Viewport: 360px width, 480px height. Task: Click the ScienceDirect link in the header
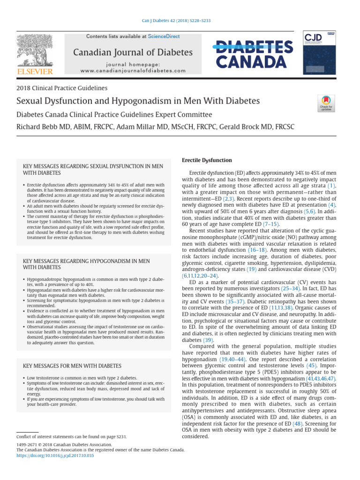164,36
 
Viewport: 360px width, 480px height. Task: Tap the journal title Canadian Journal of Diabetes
133,52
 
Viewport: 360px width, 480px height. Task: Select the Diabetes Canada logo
254,54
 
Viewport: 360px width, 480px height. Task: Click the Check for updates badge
326,103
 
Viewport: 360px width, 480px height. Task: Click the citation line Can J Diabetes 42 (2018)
180,21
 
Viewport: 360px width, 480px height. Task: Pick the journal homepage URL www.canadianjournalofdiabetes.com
133,70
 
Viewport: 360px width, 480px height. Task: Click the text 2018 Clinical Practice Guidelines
62,88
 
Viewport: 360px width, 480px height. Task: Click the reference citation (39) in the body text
208,340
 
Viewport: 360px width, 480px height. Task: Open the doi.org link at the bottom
55,455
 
